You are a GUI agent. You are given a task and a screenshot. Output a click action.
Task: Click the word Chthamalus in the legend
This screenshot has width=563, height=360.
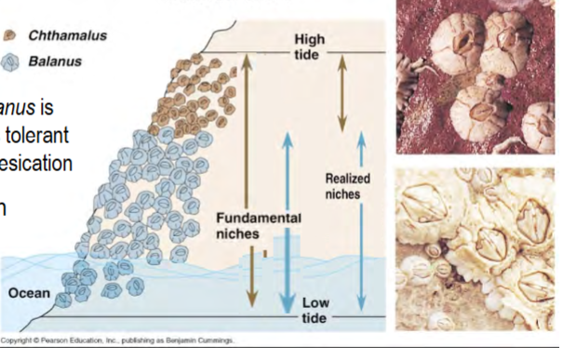67,36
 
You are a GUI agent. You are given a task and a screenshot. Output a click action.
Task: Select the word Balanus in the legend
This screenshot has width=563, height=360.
54,61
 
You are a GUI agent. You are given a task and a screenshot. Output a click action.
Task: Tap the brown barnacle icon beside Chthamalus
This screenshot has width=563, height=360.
12,36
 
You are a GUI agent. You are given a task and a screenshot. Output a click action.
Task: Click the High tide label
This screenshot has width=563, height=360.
309,46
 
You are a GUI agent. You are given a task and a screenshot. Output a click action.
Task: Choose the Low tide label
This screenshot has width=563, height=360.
315,312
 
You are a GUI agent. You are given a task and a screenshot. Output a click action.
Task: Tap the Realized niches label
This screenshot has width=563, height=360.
347,185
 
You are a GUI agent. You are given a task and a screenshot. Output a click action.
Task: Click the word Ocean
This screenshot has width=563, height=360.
29,293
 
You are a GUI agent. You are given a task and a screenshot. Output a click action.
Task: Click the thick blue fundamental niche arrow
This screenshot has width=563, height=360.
288,223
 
